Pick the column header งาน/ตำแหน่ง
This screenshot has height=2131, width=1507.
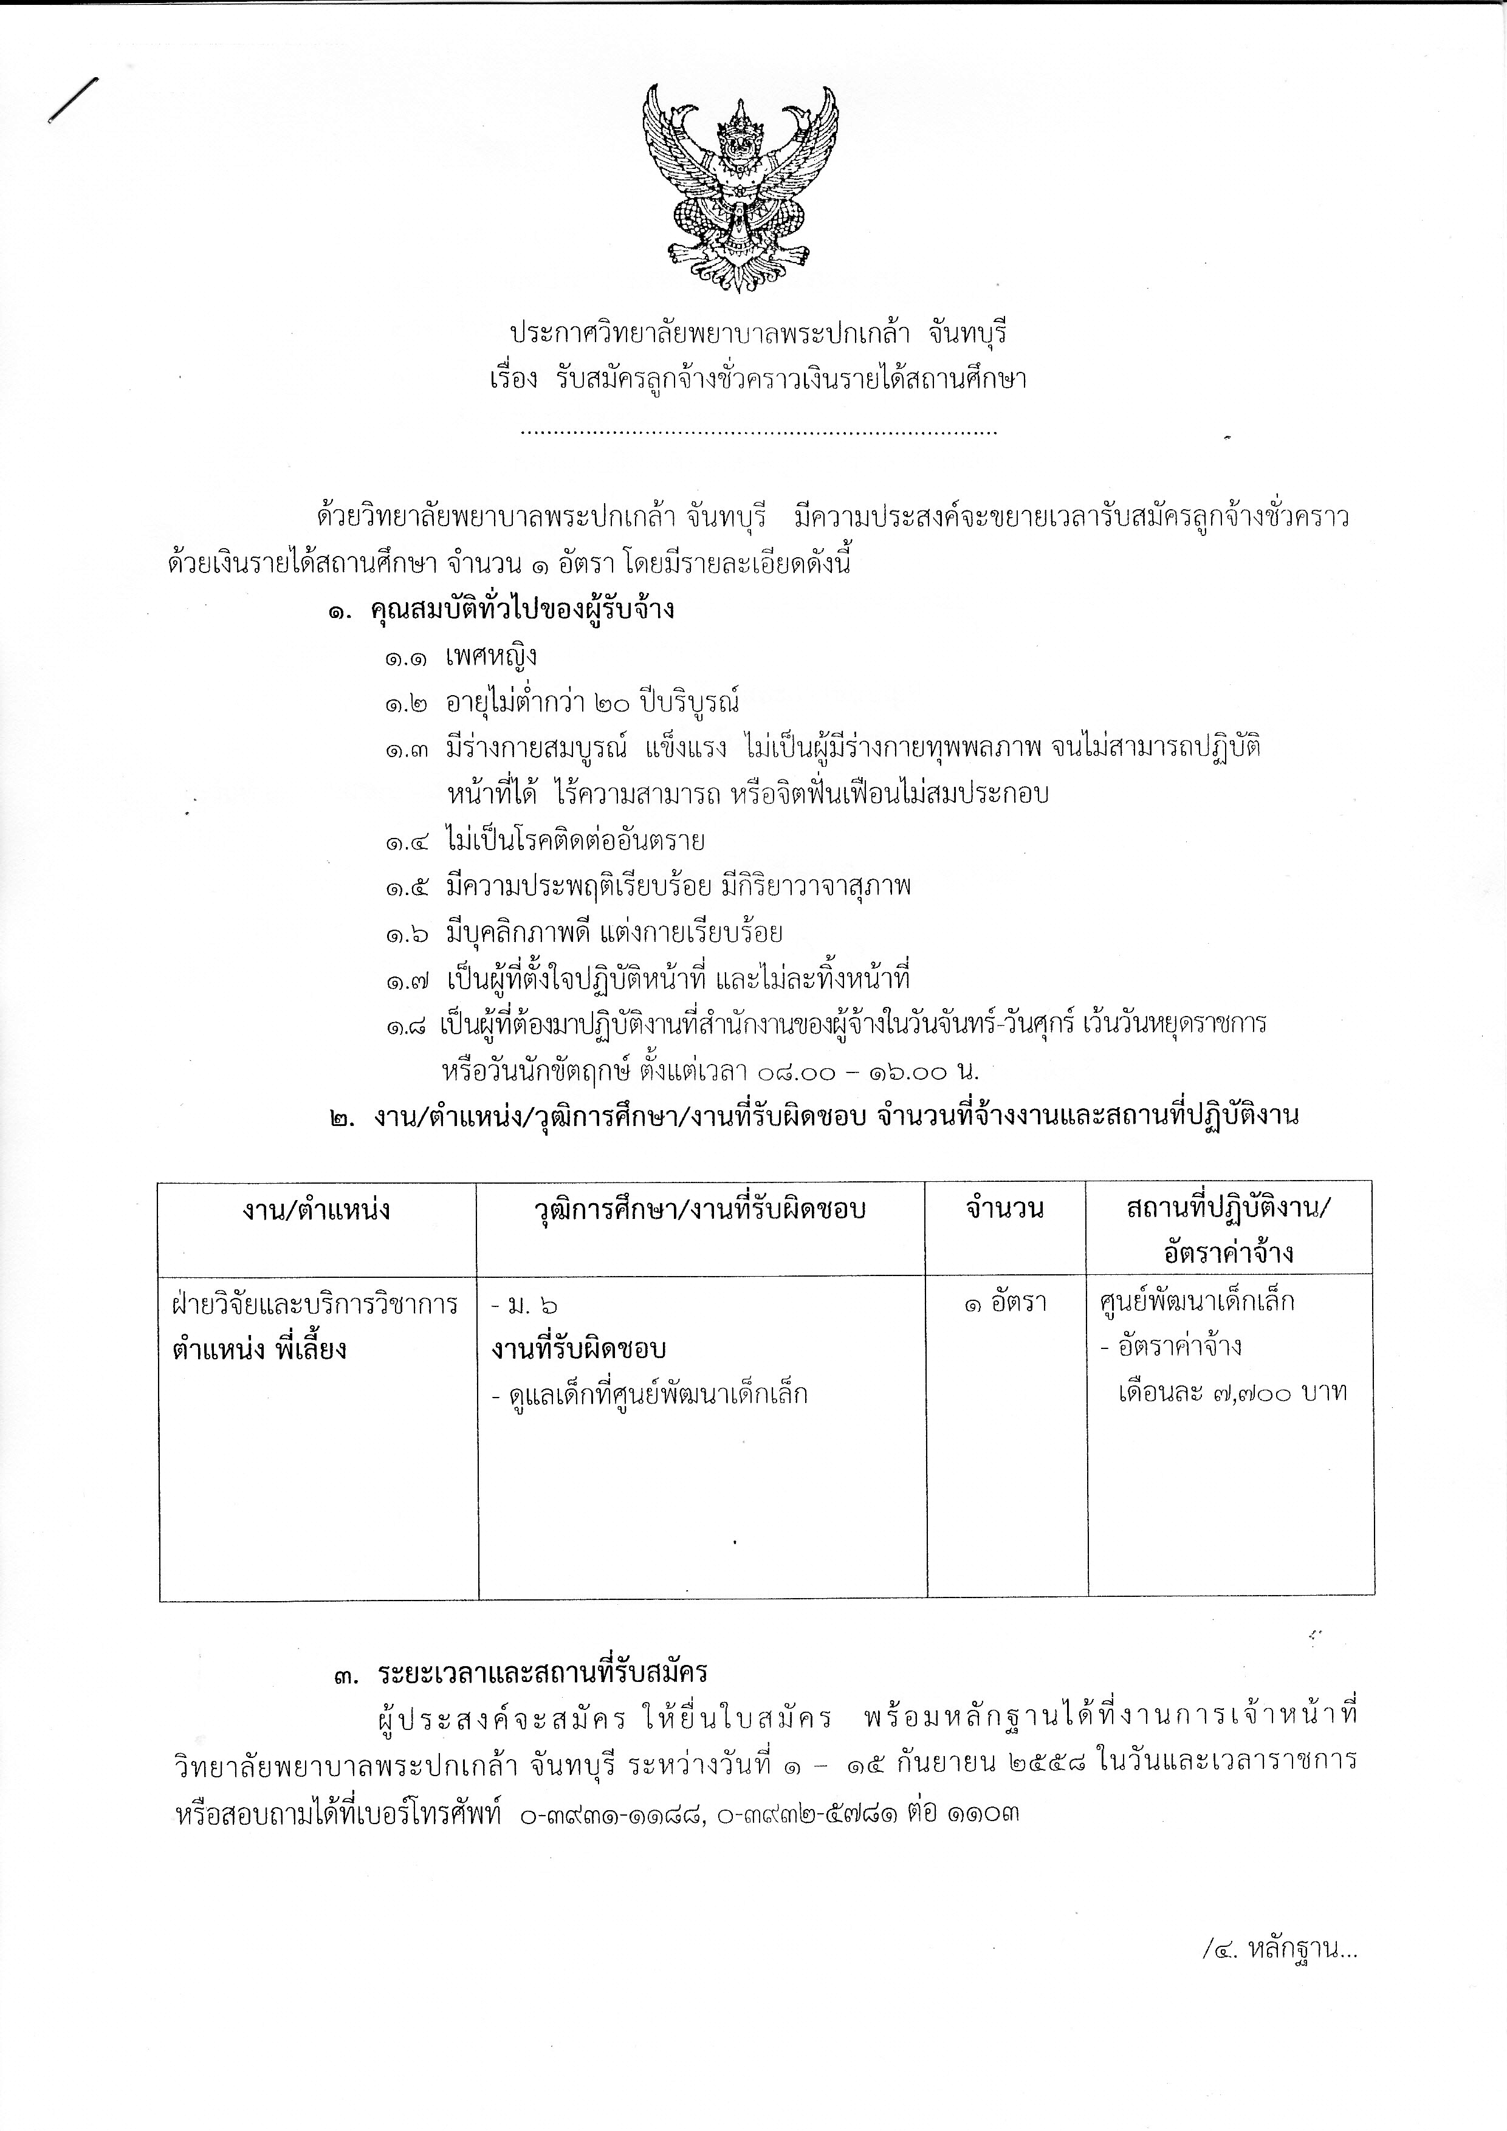(x=317, y=1209)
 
